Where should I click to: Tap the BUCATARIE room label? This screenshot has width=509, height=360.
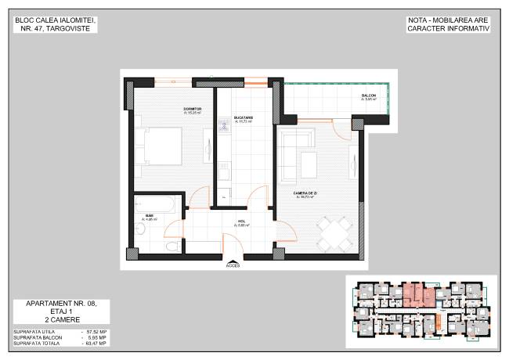point(244,118)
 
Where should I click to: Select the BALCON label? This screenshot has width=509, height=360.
point(369,95)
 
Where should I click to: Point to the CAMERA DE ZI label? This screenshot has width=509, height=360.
point(305,193)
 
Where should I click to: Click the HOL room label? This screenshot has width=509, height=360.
point(242,221)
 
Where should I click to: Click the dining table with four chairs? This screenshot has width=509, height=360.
point(334,232)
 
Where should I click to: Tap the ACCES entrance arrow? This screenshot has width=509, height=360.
point(233,259)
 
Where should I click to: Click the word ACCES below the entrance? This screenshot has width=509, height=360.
point(233,265)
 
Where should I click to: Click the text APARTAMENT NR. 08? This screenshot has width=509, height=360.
point(60,303)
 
